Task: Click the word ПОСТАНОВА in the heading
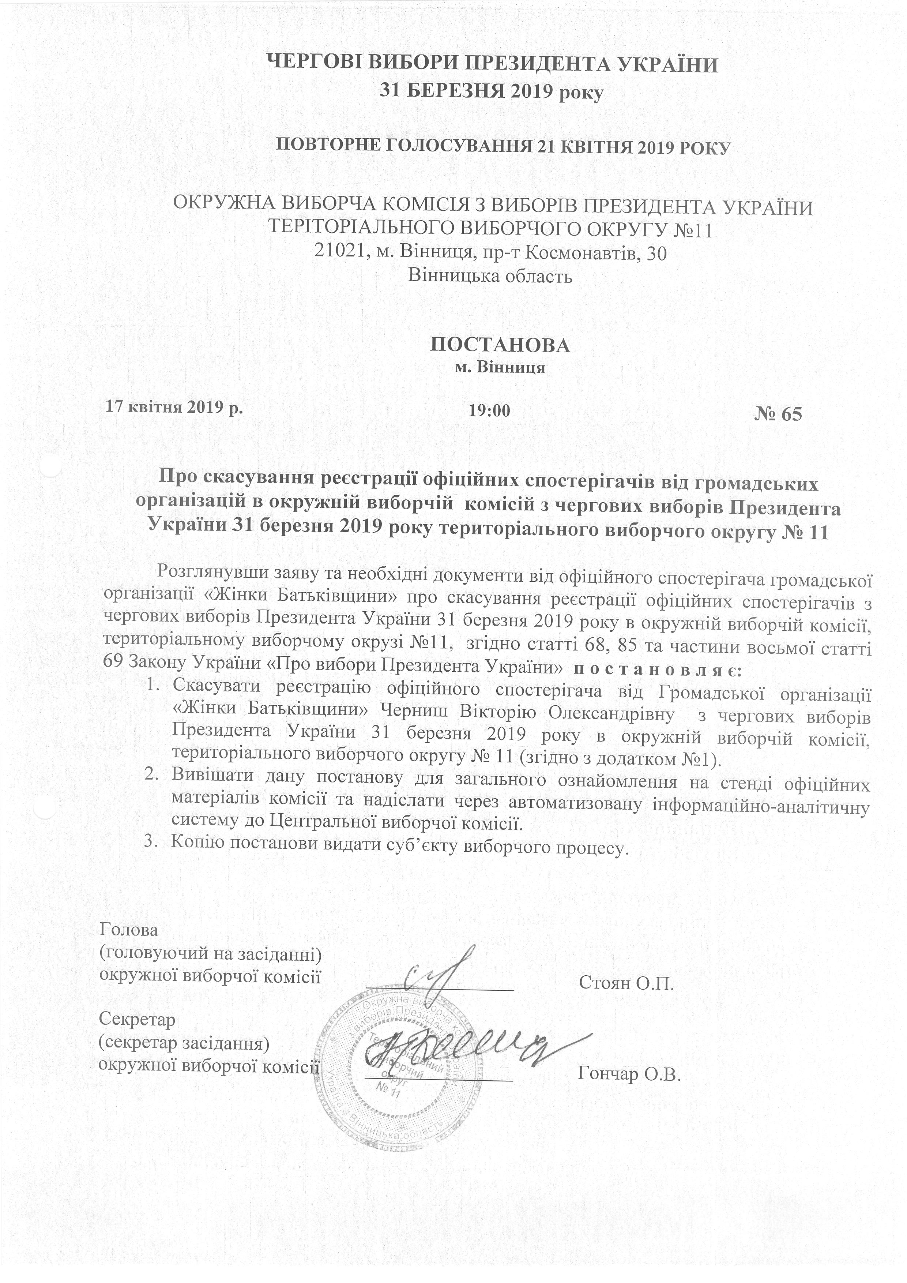(x=500, y=344)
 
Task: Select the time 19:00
(x=489, y=411)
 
